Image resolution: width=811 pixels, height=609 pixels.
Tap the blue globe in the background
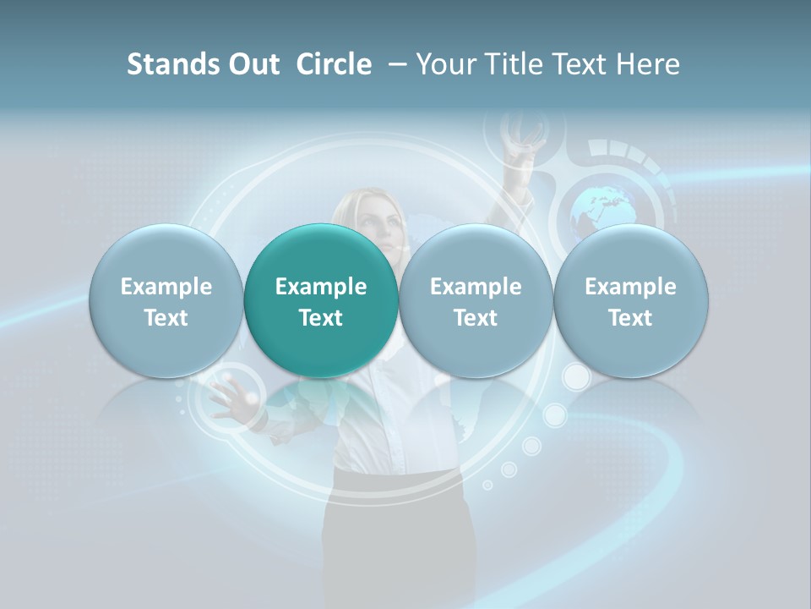tap(601, 210)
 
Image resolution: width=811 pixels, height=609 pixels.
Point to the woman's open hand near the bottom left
tap(232, 398)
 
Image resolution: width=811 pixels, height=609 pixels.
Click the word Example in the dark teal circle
tap(321, 287)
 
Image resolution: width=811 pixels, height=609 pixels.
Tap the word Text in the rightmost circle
tap(630, 318)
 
